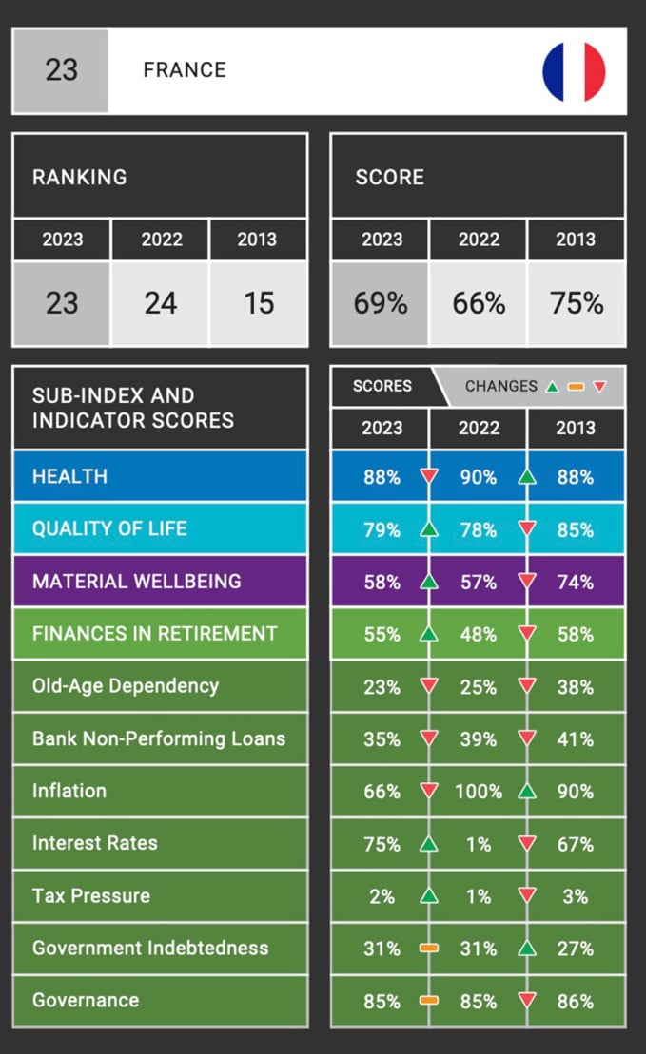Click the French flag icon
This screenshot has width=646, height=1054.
tap(574, 71)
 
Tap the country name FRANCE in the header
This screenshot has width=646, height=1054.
tap(185, 70)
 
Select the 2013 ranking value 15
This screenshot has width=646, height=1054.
tap(258, 303)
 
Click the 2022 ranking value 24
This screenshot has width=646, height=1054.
tap(161, 303)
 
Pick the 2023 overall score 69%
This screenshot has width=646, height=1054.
tap(381, 303)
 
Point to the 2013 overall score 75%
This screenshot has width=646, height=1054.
tap(577, 303)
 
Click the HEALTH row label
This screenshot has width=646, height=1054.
tap(69, 477)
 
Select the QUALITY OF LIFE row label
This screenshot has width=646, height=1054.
tap(109, 529)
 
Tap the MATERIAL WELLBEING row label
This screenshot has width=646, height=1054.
tap(137, 582)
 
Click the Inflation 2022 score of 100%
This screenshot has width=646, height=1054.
tap(478, 792)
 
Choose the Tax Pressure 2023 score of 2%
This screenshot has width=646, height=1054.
tap(382, 896)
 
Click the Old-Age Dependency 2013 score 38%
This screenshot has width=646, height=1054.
tap(576, 687)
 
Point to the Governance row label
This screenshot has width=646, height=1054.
tap(86, 1000)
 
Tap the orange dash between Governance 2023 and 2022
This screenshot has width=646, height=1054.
tap(429, 1001)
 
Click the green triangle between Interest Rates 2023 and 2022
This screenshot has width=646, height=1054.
tap(429, 844)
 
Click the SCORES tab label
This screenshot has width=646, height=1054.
tap(382, 386)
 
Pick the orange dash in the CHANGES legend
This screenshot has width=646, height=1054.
tap(575, 387)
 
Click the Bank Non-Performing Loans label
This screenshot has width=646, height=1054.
tap(159, 738)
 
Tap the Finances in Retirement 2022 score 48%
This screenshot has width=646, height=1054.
tap(478, 634)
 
